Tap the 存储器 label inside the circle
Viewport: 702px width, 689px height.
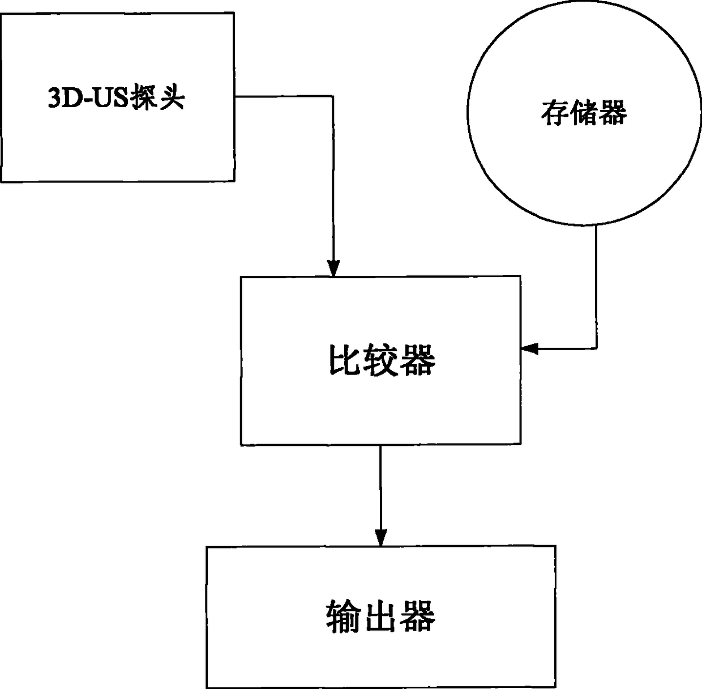pyautogui.click(x=584, y=113)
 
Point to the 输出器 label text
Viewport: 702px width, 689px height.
pyautogui.click(x=380, y=616)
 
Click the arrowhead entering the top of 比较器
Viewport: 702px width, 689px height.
pyautogui.click(x=334, y=269)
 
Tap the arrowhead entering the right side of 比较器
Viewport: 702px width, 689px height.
pyautogui.click(x=529, y=348)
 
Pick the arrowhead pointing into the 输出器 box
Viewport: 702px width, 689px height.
pyautogui.click(x=380, y=538)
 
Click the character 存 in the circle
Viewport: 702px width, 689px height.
pyautogui.click(x=554, y=113)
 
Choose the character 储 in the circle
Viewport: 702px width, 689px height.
pyautogui.click(x=583, y=113)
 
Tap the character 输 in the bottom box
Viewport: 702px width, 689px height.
pyautogui.click(x=344, y=616)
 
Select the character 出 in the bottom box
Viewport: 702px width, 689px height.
pyautogui.click(x=380, y=616)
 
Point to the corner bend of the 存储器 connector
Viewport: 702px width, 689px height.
pyautogui.click(x=596, y=348)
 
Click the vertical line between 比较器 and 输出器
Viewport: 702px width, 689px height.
pyautogui.click(x=380, y=487)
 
